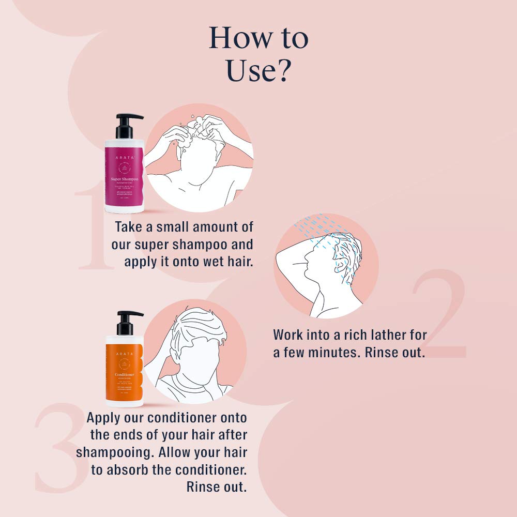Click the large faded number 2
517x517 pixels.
coord(439,315)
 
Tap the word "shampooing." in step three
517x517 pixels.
coord(114,452)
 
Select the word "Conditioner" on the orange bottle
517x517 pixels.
coord(122,374)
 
